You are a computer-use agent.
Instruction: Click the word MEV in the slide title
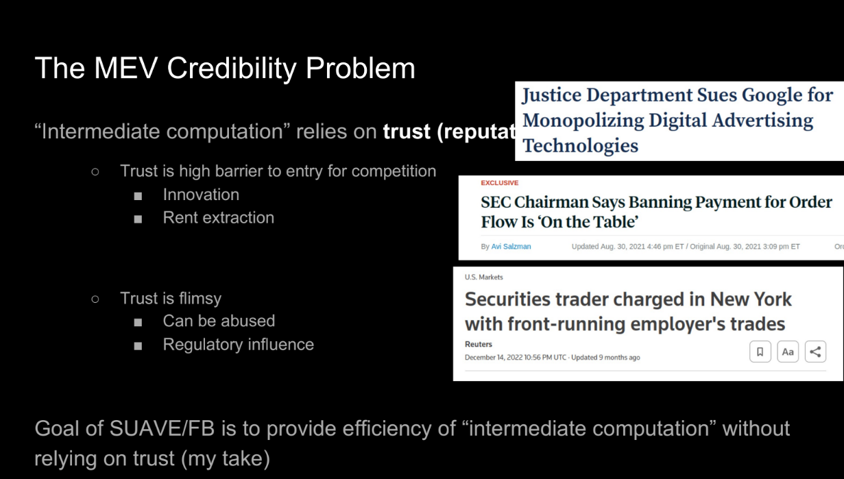click(x=125, y=68)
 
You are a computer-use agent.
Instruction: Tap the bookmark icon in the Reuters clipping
click(x=760, y=352)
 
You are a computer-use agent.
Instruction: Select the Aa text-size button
click(x=788, y=352)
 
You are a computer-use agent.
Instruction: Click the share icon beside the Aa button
click(x=815, y=352)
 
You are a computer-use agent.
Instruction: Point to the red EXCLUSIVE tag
click(x=500, y=183)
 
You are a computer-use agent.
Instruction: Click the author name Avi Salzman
click(x=511, y=247)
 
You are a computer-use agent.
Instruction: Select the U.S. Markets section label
click(x=484, y=277)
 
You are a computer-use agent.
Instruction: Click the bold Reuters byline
click(x=479, y=344)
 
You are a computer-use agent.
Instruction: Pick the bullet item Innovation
click(x=201, y=195)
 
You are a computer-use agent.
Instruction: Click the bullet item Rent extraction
click(x=219, y=218)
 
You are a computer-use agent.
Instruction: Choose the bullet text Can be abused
click(x=219, y=321)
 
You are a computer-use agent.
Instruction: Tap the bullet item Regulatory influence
click(x=238, y=345)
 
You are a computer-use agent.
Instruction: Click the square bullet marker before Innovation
click(x=138, y=196)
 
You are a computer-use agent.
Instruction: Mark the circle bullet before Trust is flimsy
click(x=95, y=299)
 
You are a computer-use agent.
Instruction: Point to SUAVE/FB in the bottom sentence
click(x=162, y=428)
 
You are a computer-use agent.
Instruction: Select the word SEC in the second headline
click(x=496, y=202)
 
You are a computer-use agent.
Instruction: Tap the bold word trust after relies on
click(x=407, y=132)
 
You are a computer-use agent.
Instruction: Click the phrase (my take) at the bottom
click(x=226, y=459)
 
